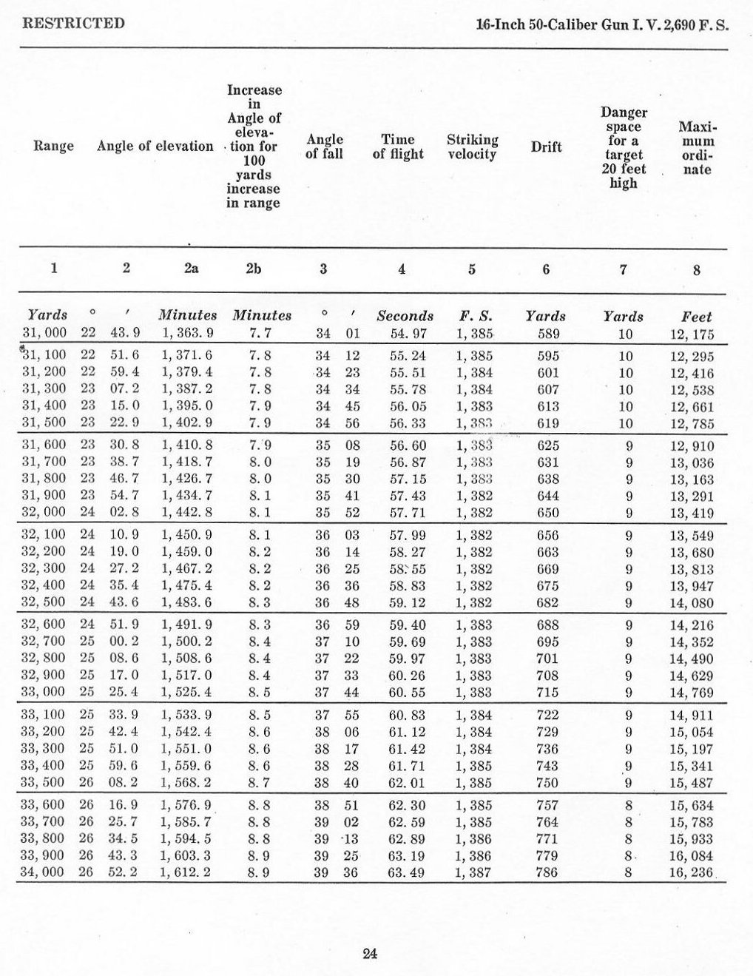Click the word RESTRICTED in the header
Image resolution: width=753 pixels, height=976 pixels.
[x=74, y=23]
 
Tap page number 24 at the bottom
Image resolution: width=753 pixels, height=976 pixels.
[x=371, y=953]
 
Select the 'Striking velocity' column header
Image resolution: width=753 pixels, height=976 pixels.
[x=472, y=147]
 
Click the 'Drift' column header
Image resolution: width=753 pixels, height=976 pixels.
[x=546, y=147]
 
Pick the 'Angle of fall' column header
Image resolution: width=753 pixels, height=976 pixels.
[x=324, y=147]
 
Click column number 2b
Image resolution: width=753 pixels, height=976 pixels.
[x=253, y=269]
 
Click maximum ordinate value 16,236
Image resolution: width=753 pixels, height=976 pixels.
[x=692, y=872]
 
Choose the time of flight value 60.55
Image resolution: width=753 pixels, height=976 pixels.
[x=404, y=692]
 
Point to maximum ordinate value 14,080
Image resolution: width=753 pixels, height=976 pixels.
[x=692, y=602]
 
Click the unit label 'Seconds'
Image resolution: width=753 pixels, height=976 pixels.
[x=405, y=316]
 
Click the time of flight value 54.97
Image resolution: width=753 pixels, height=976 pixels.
[x=404, y=334]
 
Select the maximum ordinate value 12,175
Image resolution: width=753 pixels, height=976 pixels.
[x=692, y=334]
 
